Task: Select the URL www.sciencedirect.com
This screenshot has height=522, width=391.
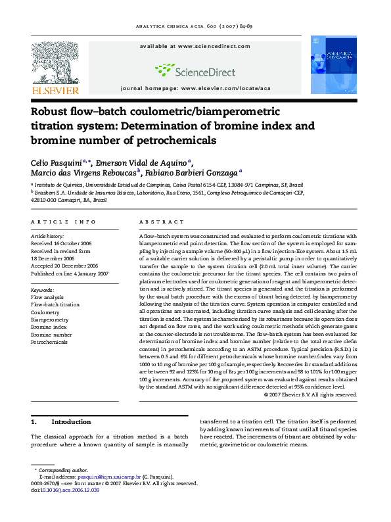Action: [x=205, y=47]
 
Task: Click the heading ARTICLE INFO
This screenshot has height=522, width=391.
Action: [x=63, y=222]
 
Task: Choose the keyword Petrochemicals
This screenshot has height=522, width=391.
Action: [x=49, y=343]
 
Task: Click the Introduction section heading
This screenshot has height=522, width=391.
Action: [x=71, y=421]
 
